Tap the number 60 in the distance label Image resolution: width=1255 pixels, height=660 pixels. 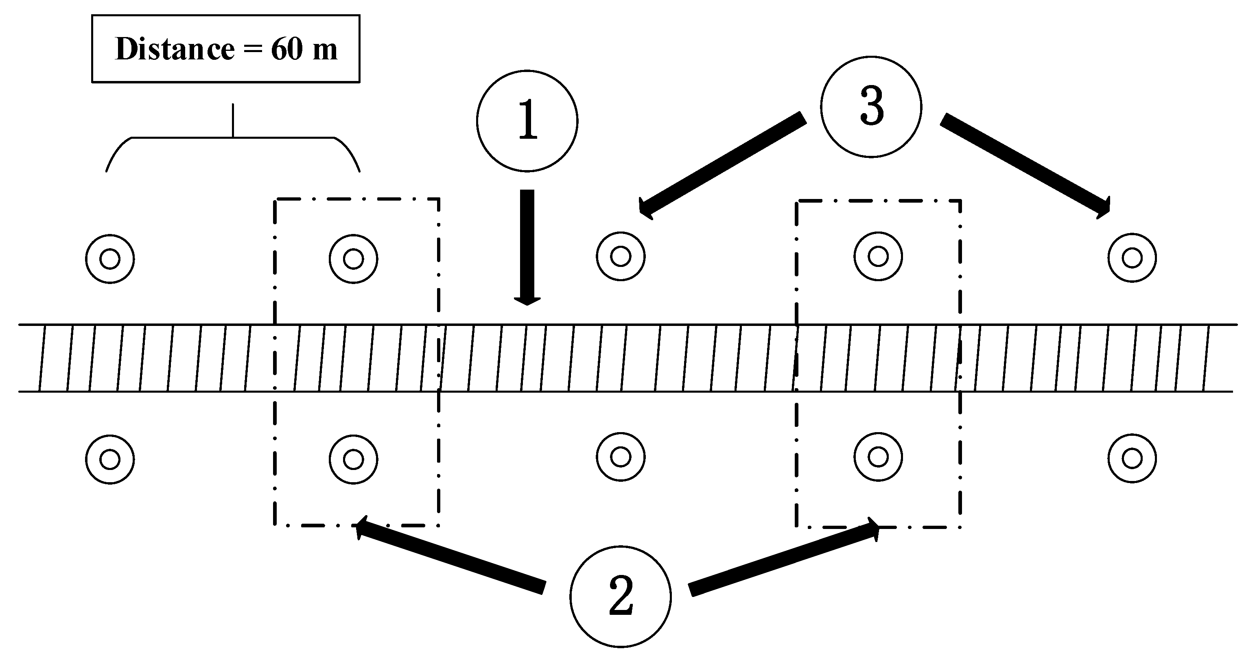click(286, 49)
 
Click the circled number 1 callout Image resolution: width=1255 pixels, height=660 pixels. click(527, 121)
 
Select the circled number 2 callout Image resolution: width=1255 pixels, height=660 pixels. click(620, 596)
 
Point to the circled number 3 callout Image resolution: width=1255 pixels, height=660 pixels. click(871, 107)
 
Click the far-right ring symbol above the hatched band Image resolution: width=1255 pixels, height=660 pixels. click(1132, 257)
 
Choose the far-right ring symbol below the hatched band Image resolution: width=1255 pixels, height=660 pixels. click(1132, 458)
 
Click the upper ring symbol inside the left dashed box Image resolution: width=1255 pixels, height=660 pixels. click(353, 259)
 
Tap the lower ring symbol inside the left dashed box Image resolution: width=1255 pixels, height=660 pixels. click(353, 459)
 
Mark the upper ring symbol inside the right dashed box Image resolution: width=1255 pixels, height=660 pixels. click(878, 256)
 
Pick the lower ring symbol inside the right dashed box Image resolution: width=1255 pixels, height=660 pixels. click(878, 457)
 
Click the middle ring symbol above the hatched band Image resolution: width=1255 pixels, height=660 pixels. click(620, 256)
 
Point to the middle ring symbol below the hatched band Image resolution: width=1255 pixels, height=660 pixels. click(620, 457)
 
